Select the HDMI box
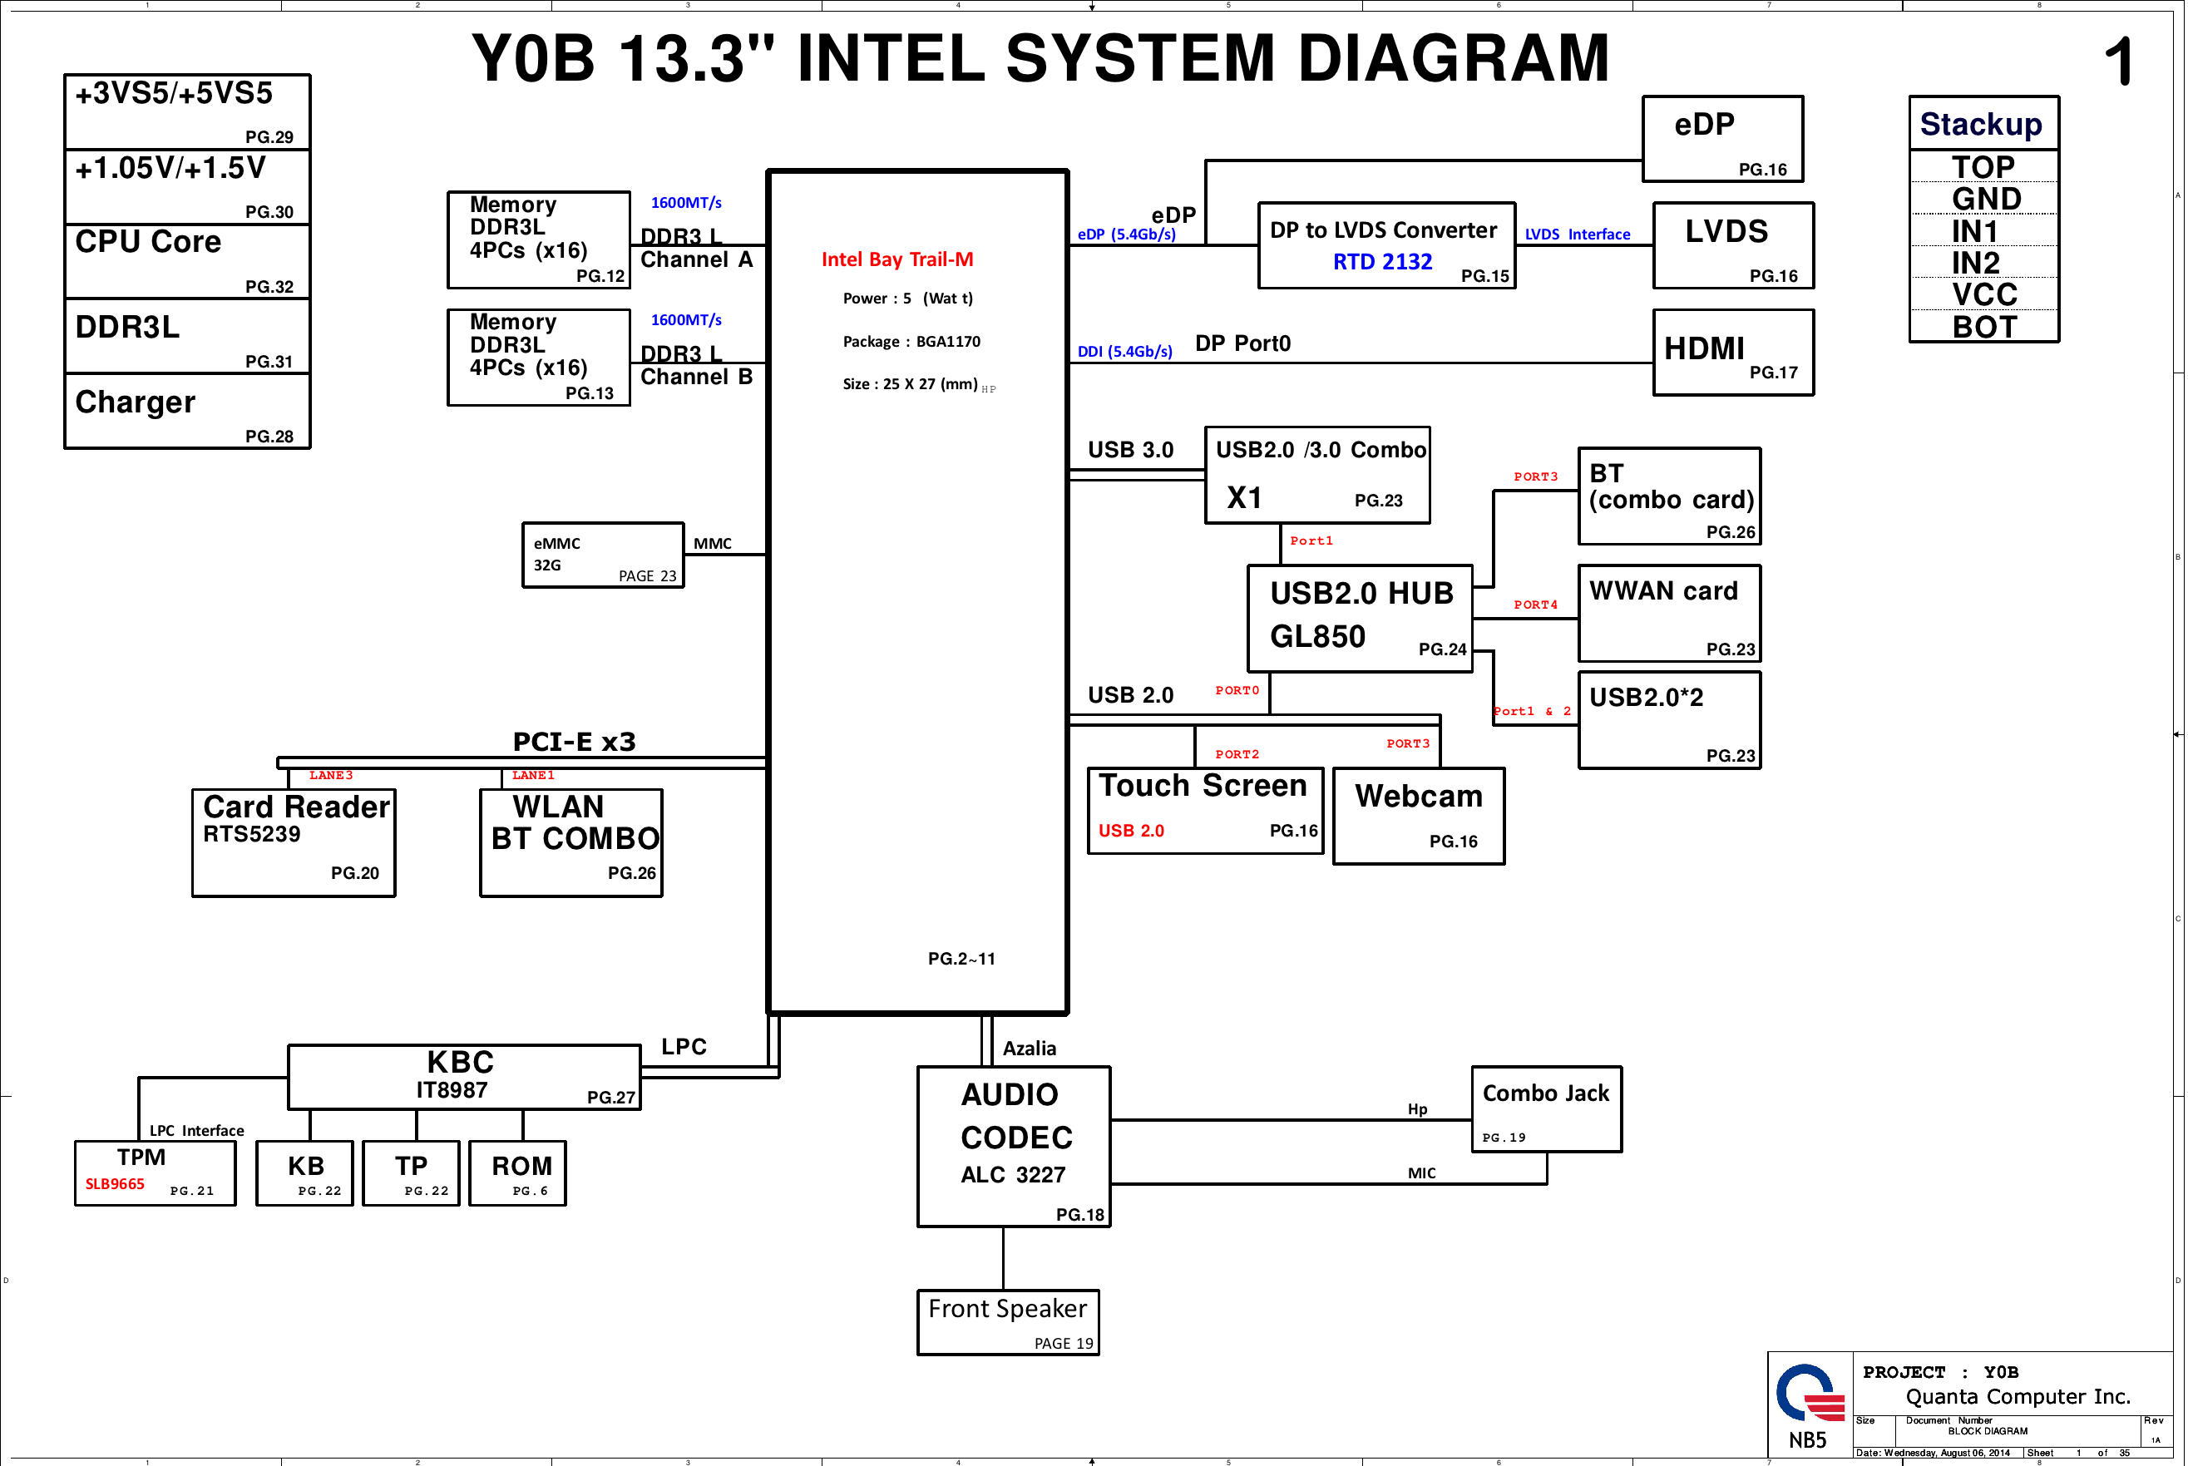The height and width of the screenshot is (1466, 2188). [x=1732, y=353]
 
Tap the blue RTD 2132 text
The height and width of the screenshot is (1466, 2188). [x=1382, y=262]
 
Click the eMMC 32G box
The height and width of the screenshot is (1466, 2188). [x=603, y=555]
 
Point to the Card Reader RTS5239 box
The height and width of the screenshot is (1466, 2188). [x=294, y=842]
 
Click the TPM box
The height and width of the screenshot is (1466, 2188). [x=156, y=1173]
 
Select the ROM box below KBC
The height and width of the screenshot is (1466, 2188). [x=517, y=1173]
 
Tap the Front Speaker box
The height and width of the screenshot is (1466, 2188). [x=1008, y=1322]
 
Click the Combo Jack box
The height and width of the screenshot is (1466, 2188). [x=1547, y=1108]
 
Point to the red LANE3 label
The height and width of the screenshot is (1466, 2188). [x=331, y=776]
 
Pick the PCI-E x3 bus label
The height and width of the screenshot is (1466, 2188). [x=574, y=743]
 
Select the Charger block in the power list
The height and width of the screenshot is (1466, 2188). [x=187, y=412]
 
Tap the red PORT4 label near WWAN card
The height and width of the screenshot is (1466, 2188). [x=1535, y=605]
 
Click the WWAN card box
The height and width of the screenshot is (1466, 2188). [x=1669, y=614]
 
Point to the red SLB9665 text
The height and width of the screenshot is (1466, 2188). [x=115, y=1185]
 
